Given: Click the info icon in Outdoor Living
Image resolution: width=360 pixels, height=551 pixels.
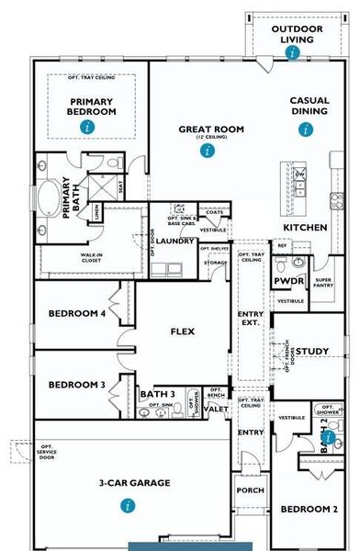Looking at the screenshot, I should coord(292,52).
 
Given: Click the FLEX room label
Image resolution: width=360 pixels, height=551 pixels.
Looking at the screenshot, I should coord(186,332).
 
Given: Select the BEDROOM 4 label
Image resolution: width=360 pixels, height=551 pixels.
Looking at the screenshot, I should coord(77,314).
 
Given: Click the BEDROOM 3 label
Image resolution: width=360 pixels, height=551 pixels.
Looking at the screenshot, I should coord(77,385).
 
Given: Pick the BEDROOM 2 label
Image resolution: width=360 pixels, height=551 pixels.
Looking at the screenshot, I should coord(309,509).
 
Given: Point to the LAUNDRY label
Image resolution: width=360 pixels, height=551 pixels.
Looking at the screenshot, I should coord(174,242).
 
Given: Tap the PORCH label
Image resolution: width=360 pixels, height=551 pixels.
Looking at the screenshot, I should coord(251,490).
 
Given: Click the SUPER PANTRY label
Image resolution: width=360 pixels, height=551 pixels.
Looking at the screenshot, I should coord(322,284).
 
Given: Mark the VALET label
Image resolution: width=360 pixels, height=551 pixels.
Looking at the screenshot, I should coord(217,409).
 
